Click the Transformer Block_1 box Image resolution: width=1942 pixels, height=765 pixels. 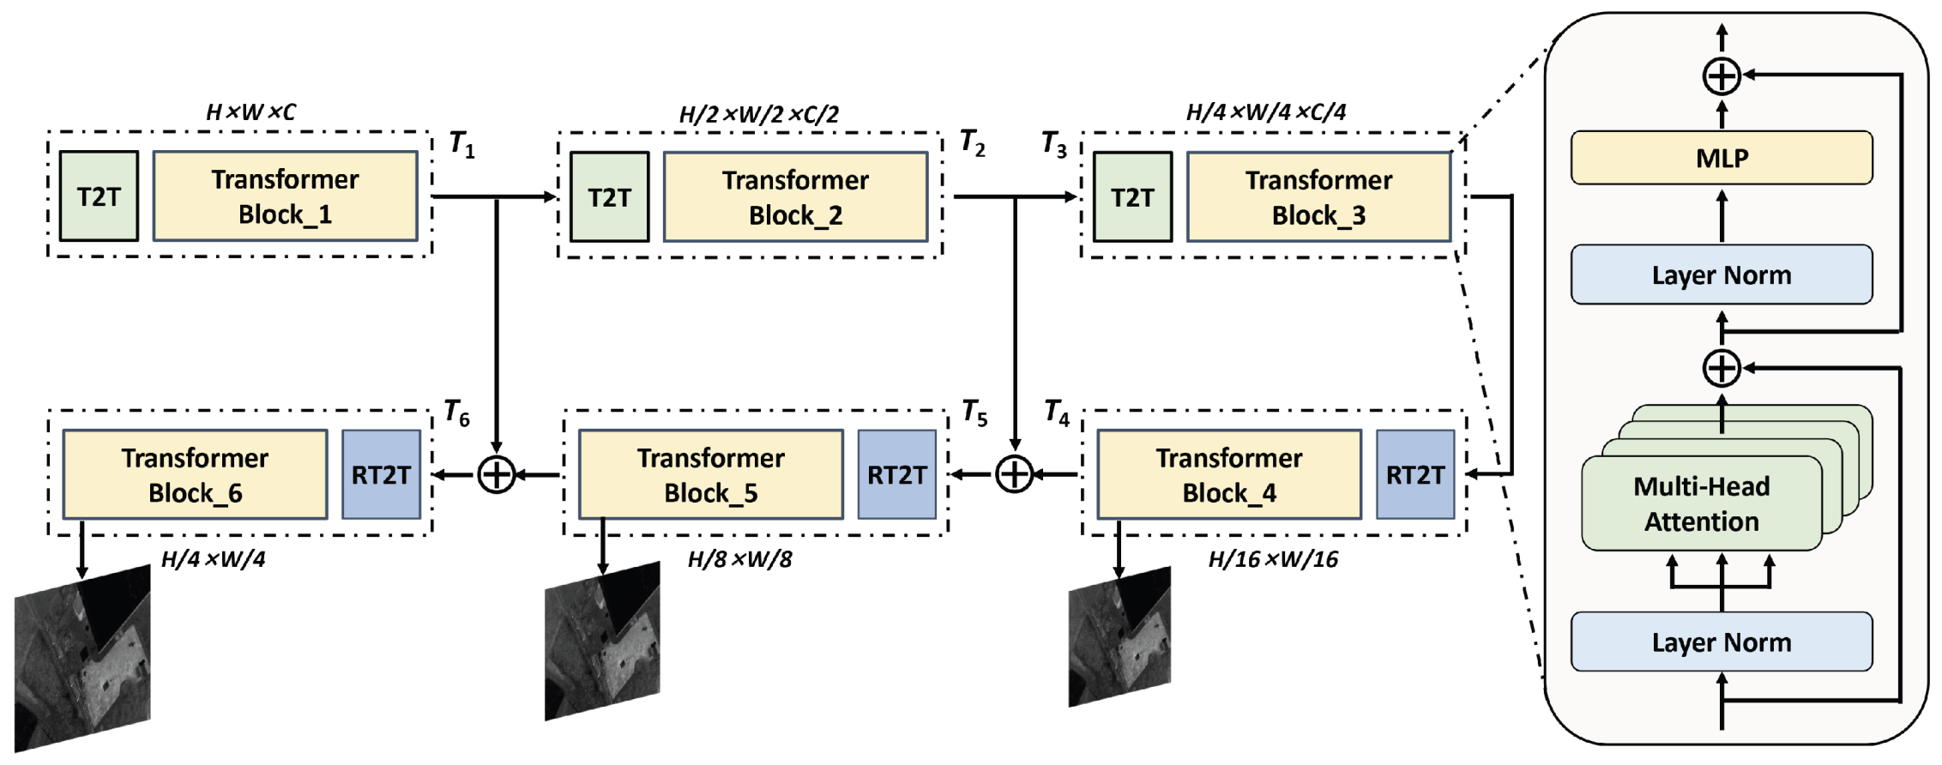click(285, 196)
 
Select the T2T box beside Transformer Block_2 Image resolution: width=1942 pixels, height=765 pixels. click(609, 197)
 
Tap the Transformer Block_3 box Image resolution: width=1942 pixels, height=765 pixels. click(1318, 197)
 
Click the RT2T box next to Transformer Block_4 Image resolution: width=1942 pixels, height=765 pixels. click(1415, 475)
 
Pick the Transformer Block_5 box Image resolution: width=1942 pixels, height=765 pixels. click(710, 475)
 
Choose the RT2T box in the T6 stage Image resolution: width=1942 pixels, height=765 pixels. click(381, 475)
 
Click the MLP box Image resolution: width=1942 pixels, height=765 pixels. click(1721, 158)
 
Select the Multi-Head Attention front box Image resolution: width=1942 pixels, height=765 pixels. click(1701, 503)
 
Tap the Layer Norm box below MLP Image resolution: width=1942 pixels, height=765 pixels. click(1721, 275)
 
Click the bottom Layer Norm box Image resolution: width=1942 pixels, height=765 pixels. click(1721, 642)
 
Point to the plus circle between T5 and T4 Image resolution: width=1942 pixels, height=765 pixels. click(1014, 474)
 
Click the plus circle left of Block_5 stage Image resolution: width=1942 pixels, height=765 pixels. click(496, 474)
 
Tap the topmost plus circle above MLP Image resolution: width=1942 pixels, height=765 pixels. click(1721, 76)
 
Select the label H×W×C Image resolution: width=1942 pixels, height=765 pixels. click(250, 112)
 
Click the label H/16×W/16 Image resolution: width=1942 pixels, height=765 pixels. click(1273, 560)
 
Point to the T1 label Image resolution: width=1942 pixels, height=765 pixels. click(461, 144)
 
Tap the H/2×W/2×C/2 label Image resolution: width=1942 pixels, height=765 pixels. click(758, 114)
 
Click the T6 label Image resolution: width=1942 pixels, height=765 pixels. click(456, 413)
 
